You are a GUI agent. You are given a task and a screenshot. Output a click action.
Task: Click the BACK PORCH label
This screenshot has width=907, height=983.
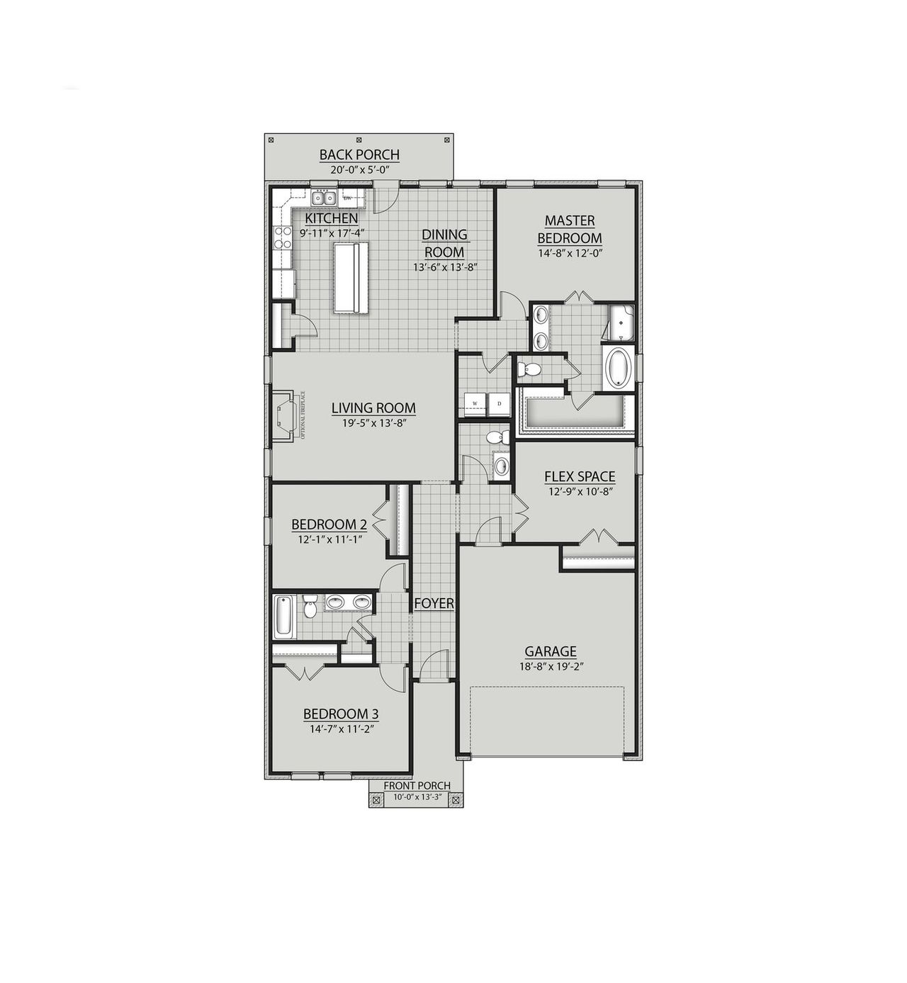coord(359,155)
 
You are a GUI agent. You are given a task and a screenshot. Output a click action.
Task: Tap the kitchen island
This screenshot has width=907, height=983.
coord(350,276)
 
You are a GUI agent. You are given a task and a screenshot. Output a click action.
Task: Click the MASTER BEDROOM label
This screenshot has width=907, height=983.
coord(569,230)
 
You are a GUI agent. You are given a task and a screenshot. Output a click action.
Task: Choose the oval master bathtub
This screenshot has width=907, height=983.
coord(618,367)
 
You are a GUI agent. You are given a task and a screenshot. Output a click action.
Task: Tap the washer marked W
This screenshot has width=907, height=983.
coord(474,403)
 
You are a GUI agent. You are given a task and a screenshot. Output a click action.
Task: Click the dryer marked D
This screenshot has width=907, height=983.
coord(499,403)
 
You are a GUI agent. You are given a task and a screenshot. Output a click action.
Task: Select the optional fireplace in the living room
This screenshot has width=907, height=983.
coord(286,416)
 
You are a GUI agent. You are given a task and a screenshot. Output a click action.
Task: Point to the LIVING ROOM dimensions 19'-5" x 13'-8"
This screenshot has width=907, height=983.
coord(373,422)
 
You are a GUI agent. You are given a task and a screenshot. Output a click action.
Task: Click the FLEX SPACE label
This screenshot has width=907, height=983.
coord(579,477)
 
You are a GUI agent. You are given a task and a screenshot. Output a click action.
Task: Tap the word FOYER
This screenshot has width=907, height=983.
coord(434,603)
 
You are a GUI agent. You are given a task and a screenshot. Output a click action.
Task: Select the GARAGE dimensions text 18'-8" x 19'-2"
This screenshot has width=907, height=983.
coord(550,666)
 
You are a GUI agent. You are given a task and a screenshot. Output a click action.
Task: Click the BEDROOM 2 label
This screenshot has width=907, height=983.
coord(329,524)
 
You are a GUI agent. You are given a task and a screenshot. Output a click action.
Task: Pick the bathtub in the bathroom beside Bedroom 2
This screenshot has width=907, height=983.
coord(282,615)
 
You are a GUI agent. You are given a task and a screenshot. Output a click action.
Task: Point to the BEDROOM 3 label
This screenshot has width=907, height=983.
coord(337,714)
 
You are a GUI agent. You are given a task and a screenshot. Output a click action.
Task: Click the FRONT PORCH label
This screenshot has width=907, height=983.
coord(417,785)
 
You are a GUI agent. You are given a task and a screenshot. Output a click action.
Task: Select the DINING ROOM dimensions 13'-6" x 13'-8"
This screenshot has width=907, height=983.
coord(444,267)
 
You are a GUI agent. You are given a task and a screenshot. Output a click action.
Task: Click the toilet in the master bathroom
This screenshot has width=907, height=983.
coord(528,369)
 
